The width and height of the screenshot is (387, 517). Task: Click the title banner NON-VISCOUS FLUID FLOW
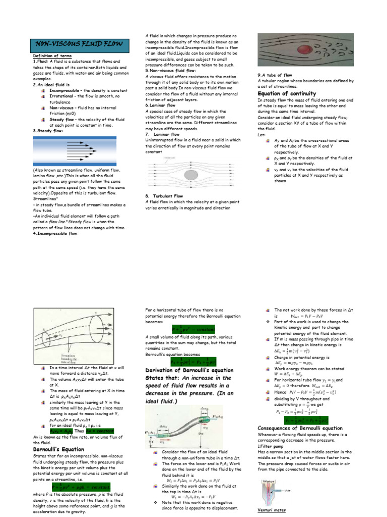point(78,44)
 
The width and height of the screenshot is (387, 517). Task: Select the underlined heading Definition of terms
point(52,56)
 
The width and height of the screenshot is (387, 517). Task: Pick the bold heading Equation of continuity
point(287,94)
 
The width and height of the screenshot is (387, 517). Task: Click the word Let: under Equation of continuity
point(261,135)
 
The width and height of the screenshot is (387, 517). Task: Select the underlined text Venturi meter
point(272,510)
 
